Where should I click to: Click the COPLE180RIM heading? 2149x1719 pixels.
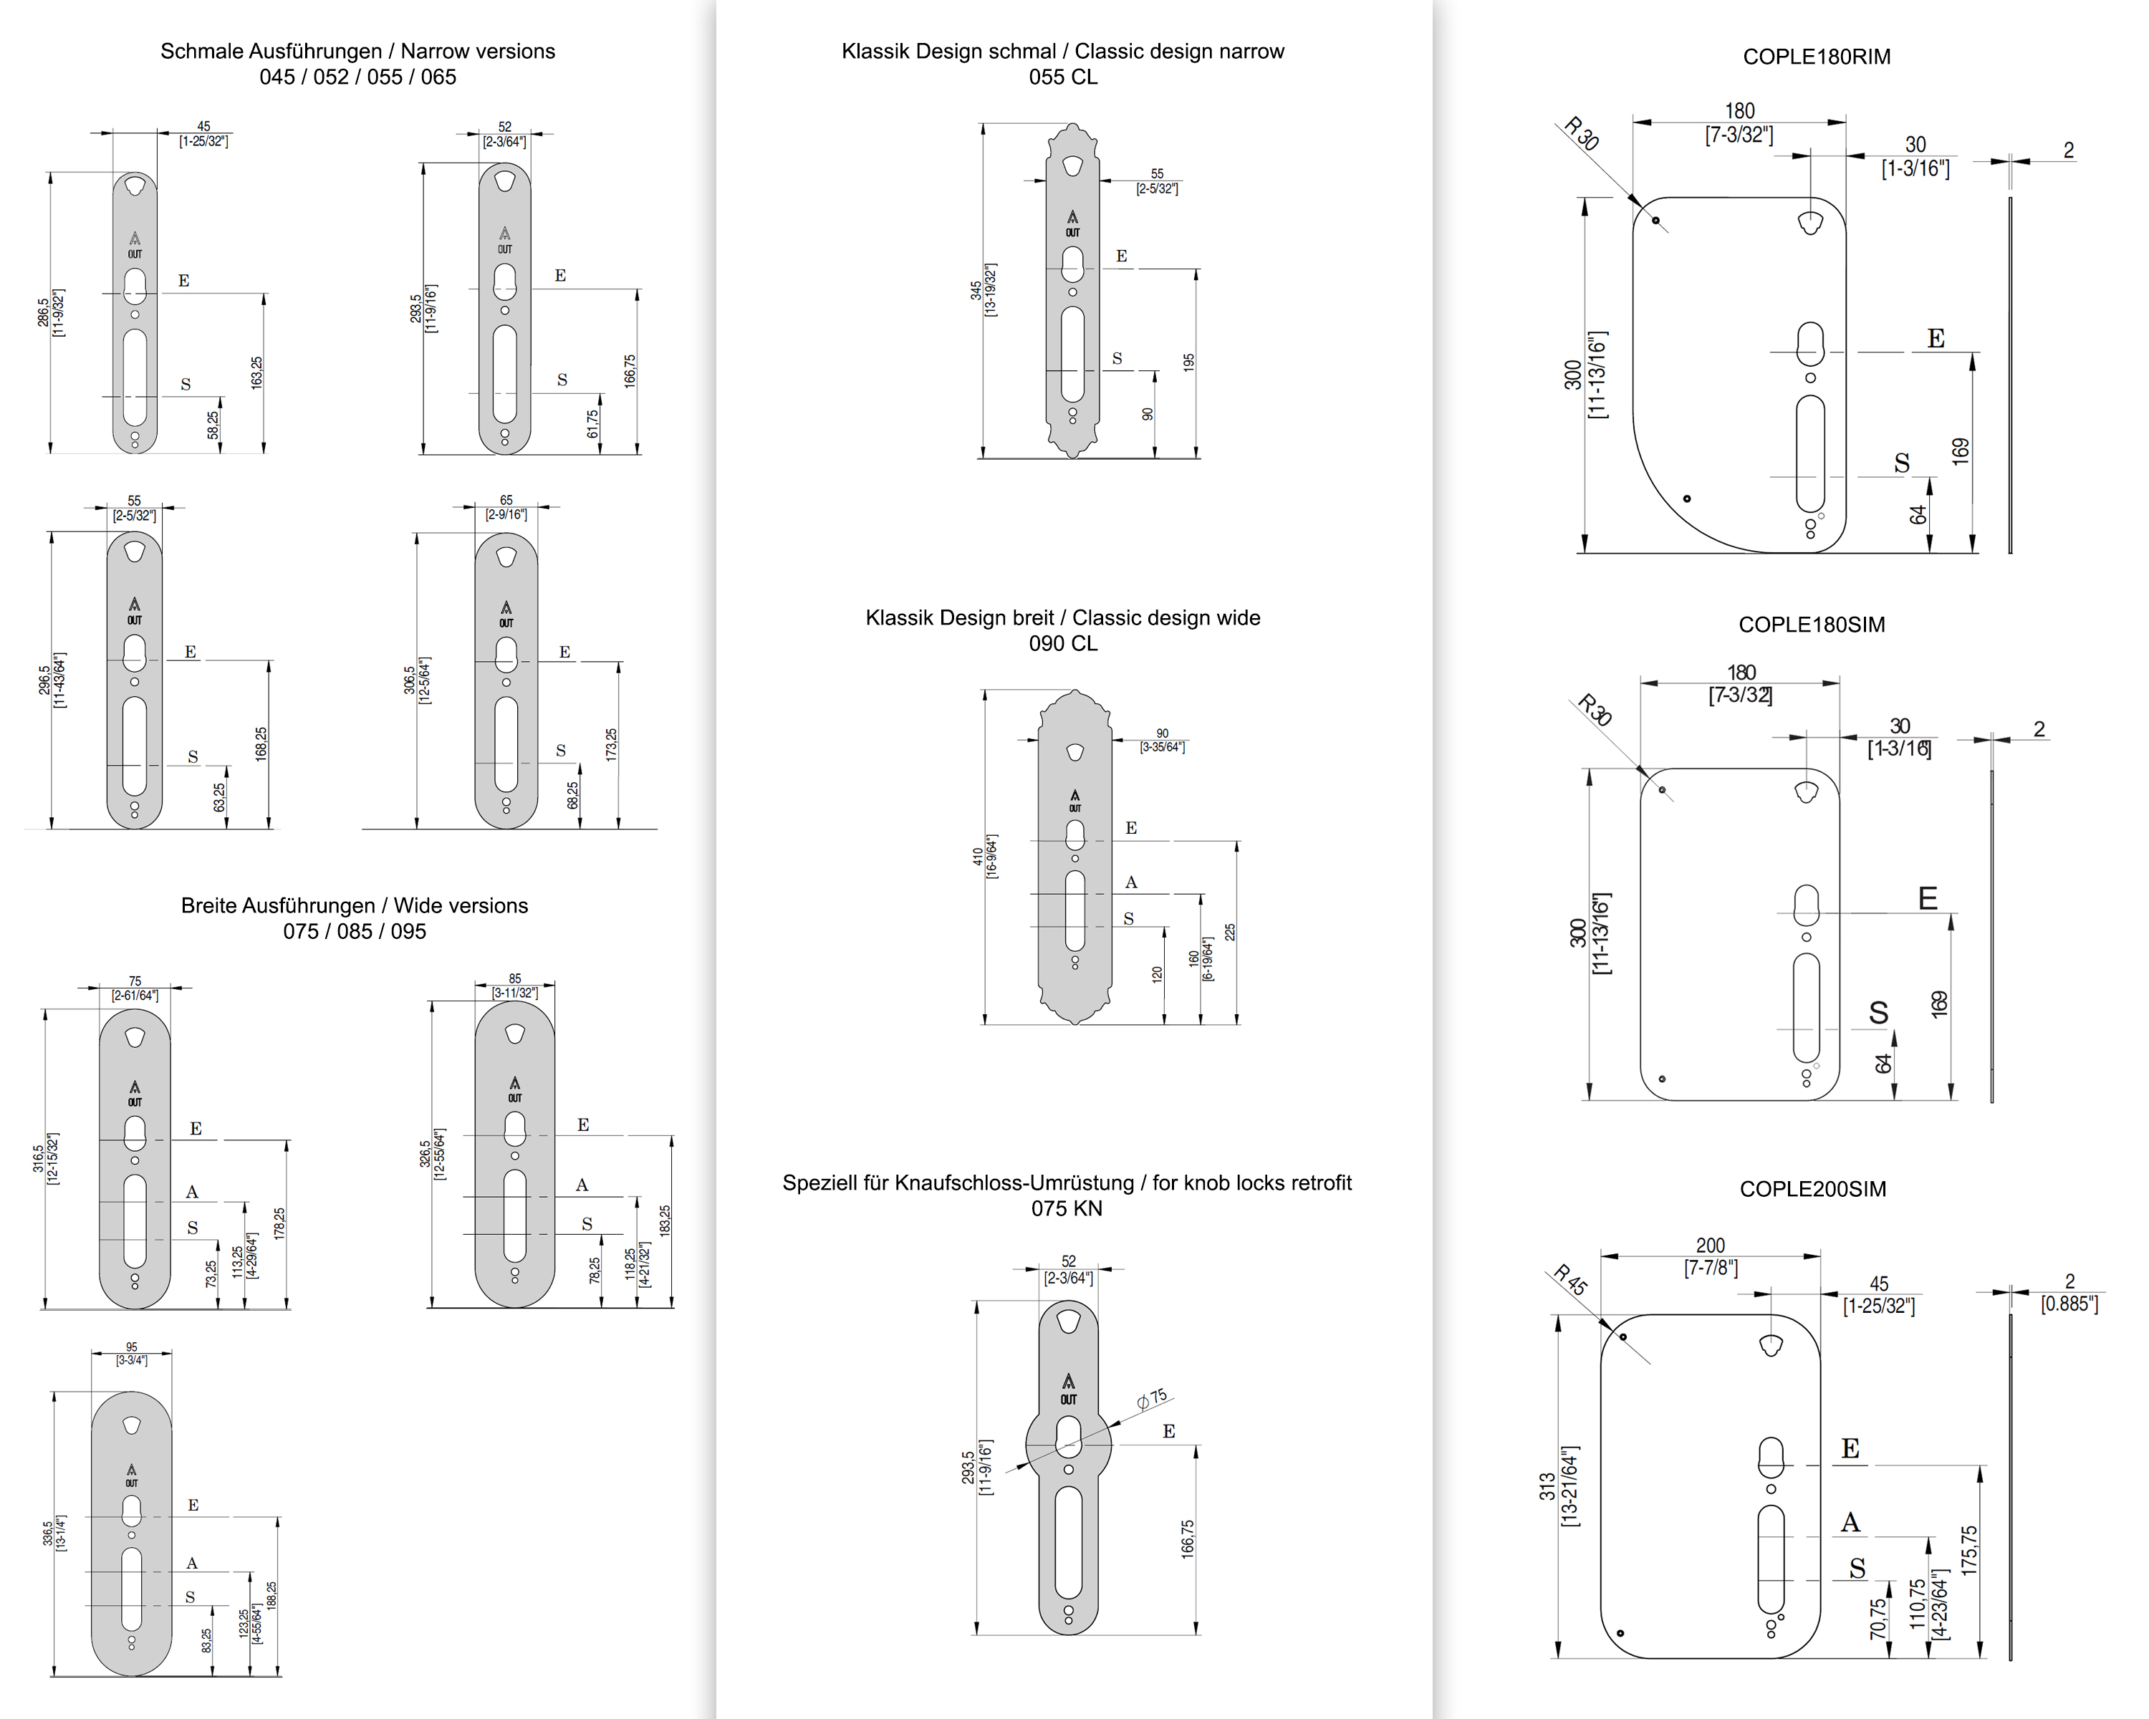coord(1816,57)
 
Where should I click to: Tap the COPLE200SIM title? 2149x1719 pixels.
coord(1812,1189)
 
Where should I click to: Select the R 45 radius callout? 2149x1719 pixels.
coord(1570,1279)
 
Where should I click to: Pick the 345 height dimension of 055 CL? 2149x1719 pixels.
coord(976,290)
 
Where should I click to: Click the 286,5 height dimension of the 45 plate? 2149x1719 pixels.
coord(44,312)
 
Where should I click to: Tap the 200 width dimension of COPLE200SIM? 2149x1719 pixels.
coord(1711,1246)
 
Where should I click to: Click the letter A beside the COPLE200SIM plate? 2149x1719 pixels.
coord(1850,1523)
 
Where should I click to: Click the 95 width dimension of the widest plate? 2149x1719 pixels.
coord(132,1347)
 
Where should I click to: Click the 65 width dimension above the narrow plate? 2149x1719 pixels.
coord(506,500)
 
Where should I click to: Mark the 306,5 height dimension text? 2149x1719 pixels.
coord(410,680)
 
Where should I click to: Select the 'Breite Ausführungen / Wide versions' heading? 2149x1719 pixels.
coord(354,906)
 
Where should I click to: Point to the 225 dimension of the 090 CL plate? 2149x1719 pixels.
coord(1230,932)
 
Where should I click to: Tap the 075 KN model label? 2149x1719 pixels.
coord(1067,1209)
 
